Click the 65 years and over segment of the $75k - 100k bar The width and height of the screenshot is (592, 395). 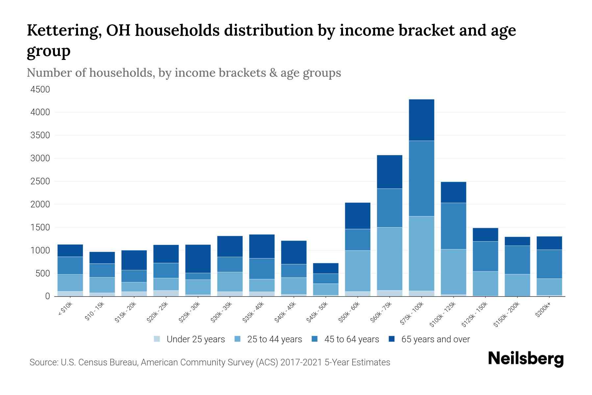[421, 120]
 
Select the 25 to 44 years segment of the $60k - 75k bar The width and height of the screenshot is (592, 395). [389, 258]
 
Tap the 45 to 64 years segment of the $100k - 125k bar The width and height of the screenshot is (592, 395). [453, 226]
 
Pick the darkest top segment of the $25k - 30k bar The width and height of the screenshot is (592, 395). [198, 258]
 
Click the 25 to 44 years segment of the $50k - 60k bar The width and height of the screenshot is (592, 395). [358, 271]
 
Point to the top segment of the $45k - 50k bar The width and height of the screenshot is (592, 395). [326, 268]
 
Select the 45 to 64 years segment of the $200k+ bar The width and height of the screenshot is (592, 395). [549, 264]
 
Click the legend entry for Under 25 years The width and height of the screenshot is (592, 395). [189, 339]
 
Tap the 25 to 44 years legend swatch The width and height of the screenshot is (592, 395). [237, 339]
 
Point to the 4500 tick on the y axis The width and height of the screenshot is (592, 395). [40, 90]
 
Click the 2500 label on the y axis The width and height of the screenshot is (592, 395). [40, 181]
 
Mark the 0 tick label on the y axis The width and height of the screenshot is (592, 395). [47, 296]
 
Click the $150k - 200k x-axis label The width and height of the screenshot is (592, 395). [506, 314]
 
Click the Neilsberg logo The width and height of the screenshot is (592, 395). [526, 359]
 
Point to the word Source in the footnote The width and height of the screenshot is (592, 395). [43, 362]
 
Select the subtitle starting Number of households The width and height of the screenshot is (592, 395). [184, 73]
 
